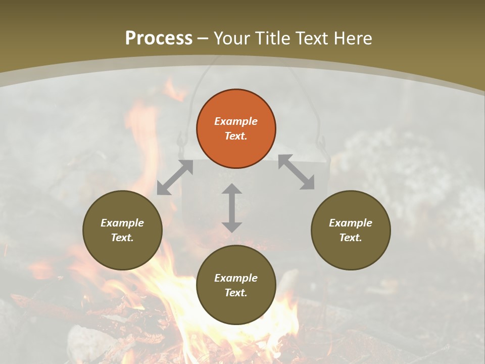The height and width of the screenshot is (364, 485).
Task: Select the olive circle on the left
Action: pos(122,230)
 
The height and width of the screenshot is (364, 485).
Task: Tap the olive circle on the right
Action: pos(351,230)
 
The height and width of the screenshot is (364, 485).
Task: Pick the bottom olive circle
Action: pos(236,285)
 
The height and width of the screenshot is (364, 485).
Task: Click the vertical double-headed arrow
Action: pos(232,208)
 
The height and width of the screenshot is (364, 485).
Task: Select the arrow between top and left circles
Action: pos(175,177)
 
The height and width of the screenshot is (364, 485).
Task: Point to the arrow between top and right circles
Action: pos(297,172)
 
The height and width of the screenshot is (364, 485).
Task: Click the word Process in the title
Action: pos(159,38)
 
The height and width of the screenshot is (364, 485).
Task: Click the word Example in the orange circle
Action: pos(236,121)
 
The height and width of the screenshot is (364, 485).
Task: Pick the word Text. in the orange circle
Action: pos(236,136)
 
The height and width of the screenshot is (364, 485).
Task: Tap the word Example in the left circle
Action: pos(122,223)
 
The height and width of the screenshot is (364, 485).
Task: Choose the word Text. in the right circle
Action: pos(351,238)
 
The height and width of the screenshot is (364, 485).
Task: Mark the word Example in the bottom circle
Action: pos(236,278)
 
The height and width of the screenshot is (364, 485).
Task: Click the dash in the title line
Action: pos(203,38)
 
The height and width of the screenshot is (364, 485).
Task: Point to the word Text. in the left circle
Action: pos(122,238)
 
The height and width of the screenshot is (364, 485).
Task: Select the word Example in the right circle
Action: pos(351,223)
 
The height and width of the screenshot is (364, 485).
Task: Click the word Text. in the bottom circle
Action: pos(236,293)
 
